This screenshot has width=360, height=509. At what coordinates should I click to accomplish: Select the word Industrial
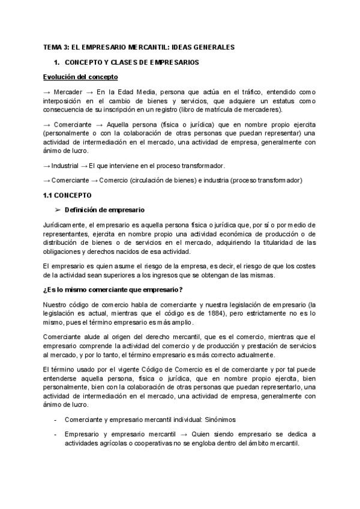click(65, 165)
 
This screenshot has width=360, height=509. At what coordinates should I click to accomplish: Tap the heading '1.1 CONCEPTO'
click(67, 195)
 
